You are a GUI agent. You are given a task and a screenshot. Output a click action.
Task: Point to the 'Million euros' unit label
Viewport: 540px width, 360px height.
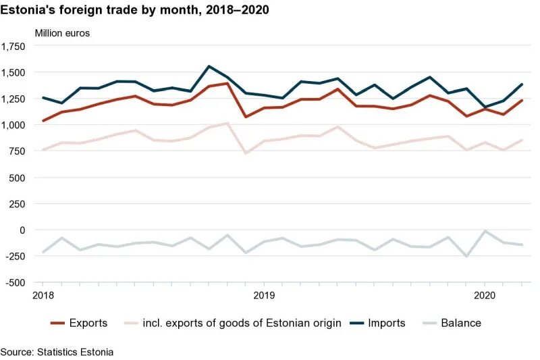62,32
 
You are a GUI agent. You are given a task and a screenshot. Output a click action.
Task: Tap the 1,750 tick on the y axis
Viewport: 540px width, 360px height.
13,46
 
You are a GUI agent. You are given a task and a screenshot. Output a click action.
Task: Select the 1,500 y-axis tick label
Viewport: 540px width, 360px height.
13,72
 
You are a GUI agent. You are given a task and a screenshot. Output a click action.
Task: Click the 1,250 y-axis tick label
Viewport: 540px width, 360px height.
13,99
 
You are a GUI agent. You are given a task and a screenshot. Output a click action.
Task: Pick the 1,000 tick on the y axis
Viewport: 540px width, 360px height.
13,125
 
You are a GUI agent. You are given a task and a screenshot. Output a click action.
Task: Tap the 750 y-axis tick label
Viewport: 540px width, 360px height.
17,151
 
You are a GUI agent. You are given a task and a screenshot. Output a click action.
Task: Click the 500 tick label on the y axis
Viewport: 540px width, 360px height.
17,178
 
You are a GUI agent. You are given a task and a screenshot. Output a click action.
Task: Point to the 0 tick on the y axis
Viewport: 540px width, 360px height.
22,230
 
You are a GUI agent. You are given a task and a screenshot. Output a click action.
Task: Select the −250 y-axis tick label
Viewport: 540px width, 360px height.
14,257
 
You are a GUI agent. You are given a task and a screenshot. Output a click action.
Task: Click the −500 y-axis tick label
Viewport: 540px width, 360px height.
14,282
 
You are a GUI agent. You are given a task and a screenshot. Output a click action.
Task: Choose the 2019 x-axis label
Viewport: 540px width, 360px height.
264,295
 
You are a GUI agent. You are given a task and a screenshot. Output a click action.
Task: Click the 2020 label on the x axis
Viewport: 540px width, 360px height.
485,295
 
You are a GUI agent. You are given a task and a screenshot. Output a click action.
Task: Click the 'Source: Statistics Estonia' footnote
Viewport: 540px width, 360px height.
57,352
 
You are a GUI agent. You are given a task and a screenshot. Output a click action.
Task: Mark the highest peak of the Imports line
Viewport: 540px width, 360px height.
209,66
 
